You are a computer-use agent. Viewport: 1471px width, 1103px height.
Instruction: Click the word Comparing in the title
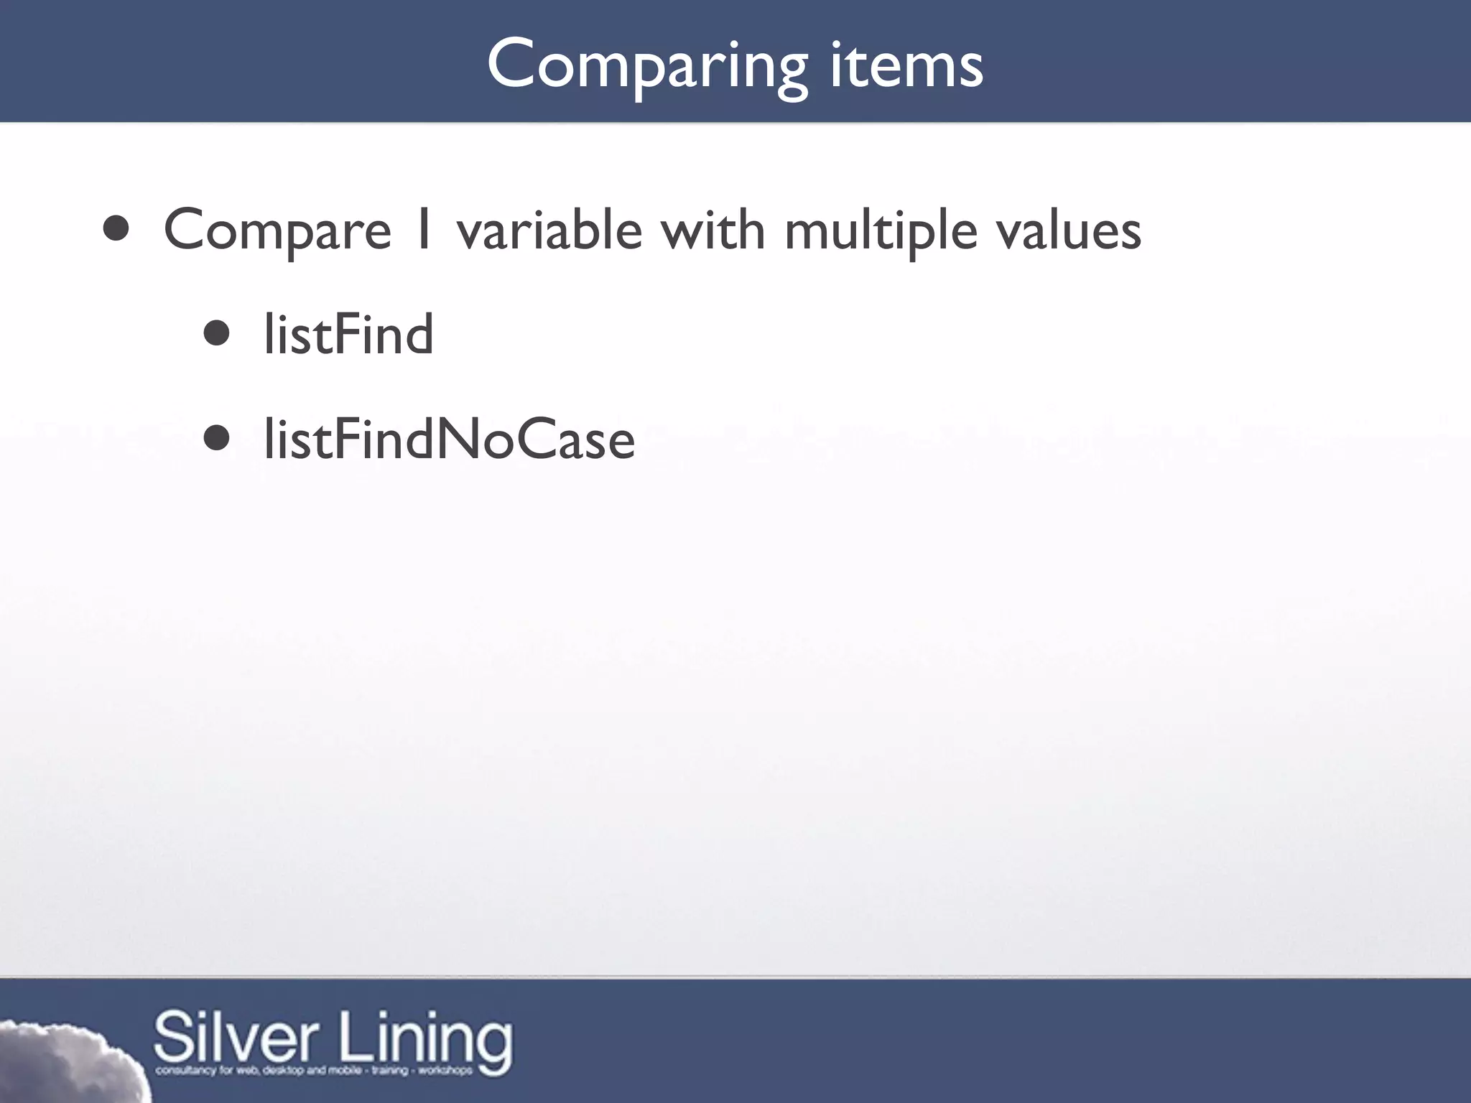click(647, 66)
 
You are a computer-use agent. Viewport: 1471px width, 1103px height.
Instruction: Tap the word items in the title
click(906, 66)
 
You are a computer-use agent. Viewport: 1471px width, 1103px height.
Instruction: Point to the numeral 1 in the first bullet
click(424, 230)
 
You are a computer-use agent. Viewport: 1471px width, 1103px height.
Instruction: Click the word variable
click(549, 230)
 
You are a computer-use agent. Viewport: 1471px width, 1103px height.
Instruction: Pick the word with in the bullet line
click(713, 230)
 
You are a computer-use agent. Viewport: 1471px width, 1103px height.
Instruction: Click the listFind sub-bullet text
click(348, 335)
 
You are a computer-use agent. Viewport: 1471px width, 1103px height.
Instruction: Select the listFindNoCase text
click(449, 439)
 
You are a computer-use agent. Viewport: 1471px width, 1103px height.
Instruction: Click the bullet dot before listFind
click(216, 334)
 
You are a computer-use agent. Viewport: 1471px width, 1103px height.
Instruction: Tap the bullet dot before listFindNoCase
click(216, 439)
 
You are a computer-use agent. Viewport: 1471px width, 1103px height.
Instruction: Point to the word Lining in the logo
click(426, 1038)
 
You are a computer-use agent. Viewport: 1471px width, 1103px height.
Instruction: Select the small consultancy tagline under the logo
click(314, 1071)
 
